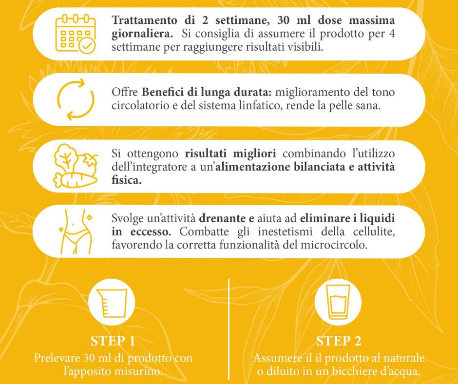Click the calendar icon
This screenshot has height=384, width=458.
click(76, 34)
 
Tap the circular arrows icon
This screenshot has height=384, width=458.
click(76, 99)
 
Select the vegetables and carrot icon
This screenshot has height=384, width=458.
click(76, 166)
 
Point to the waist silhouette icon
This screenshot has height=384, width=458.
click(76, 231)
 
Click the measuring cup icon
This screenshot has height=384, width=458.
click(112, 303)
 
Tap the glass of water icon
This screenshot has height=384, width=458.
click(338, 302)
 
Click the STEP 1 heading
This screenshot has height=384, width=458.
click(113, 341)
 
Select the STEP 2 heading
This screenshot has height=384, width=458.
click(339, 341)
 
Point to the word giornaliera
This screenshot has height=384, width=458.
click(142, 34)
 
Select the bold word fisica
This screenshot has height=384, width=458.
click(127, 180)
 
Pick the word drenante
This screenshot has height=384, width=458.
click(222, 218)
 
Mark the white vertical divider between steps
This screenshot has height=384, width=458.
click(229, 329)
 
